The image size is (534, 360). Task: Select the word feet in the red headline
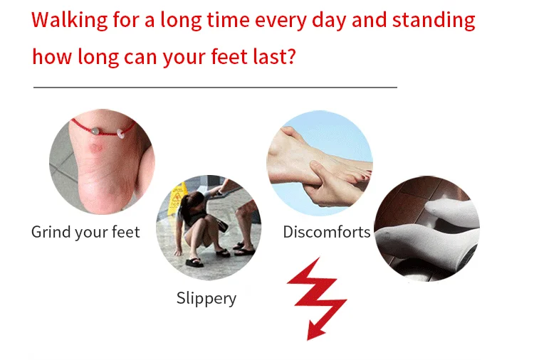[x=229, y=56]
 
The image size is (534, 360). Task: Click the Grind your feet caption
[x=85, y=233]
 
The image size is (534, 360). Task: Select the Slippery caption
[x=206, y=299]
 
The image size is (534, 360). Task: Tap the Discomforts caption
[x=327, y=232]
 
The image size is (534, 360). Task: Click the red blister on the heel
[x=95, y=148]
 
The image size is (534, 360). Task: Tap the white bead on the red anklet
[x=120, y=134]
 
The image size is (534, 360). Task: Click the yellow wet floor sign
[x=177, y=199]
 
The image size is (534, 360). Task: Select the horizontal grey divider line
[x=215, y=88]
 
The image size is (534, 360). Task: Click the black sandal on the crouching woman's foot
[x=194, y=263]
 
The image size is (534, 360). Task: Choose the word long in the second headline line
[x=98, y=56]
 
